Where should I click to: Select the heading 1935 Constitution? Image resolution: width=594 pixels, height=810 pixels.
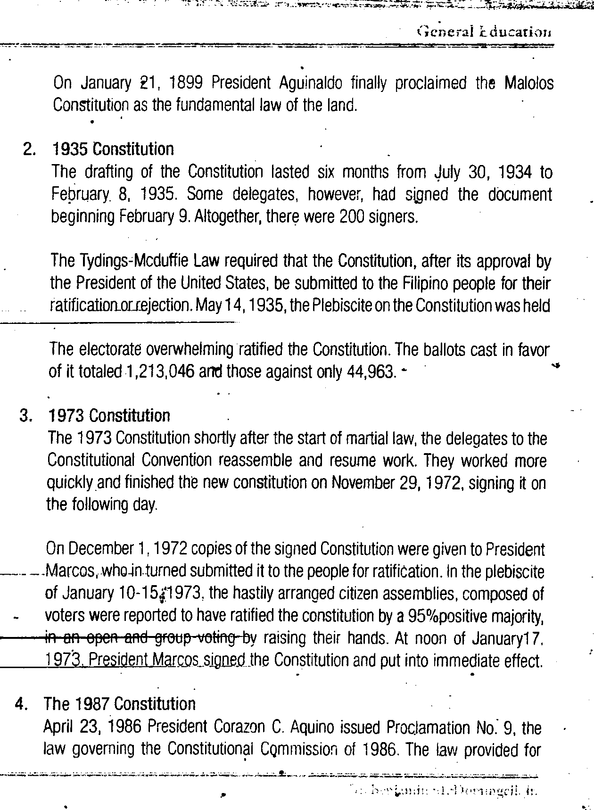point(112,149)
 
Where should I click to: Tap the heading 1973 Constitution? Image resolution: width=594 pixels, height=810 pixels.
point(109,416)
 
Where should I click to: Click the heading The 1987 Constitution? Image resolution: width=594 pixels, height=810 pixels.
point(119,704)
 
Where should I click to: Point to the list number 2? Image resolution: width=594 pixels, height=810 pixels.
point(29,149)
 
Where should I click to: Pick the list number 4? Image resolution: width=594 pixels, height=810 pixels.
point(21,704)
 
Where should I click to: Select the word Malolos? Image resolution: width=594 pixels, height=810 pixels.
point(529,83)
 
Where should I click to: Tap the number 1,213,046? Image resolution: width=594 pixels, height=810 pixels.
point(160,372)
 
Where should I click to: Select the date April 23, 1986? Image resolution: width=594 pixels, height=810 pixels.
point(93,727)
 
